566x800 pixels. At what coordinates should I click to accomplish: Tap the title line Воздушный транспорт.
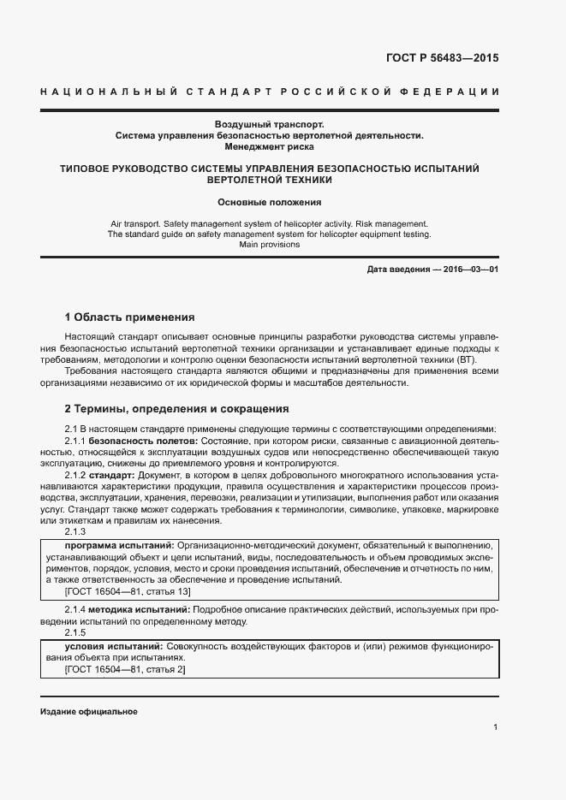pos(269,125)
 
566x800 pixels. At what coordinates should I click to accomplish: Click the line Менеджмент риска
pos(269,147)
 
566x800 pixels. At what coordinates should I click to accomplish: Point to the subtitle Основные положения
pos(269,203)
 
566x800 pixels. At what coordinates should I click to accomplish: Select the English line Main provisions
pos(269,245)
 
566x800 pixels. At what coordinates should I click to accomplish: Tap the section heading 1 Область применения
pos(130,317)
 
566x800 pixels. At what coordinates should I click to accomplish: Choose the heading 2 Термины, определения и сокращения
pos(177,409)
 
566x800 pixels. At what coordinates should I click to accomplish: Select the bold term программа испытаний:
pos(119,545)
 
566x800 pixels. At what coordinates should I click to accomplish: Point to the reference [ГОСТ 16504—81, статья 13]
pos(128,591)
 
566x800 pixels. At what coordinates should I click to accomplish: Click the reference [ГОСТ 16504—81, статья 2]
pos(125,670)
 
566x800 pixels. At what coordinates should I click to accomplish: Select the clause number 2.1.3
pos(75,531)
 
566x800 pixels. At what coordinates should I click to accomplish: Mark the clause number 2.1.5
pos(75,633)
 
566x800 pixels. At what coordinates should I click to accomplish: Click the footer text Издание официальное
pos(88,712)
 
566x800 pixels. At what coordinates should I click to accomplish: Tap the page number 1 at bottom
pos(495,727)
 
